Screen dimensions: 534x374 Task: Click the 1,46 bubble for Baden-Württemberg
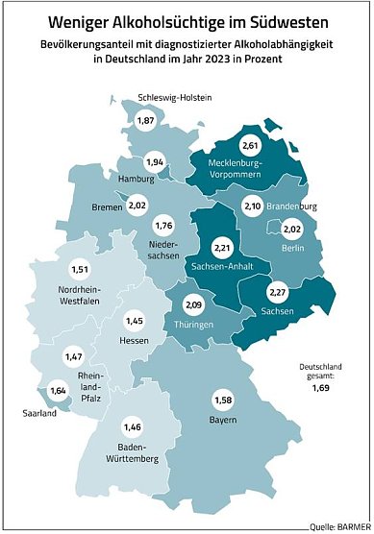pyautogui.click(x=134, y=427)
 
